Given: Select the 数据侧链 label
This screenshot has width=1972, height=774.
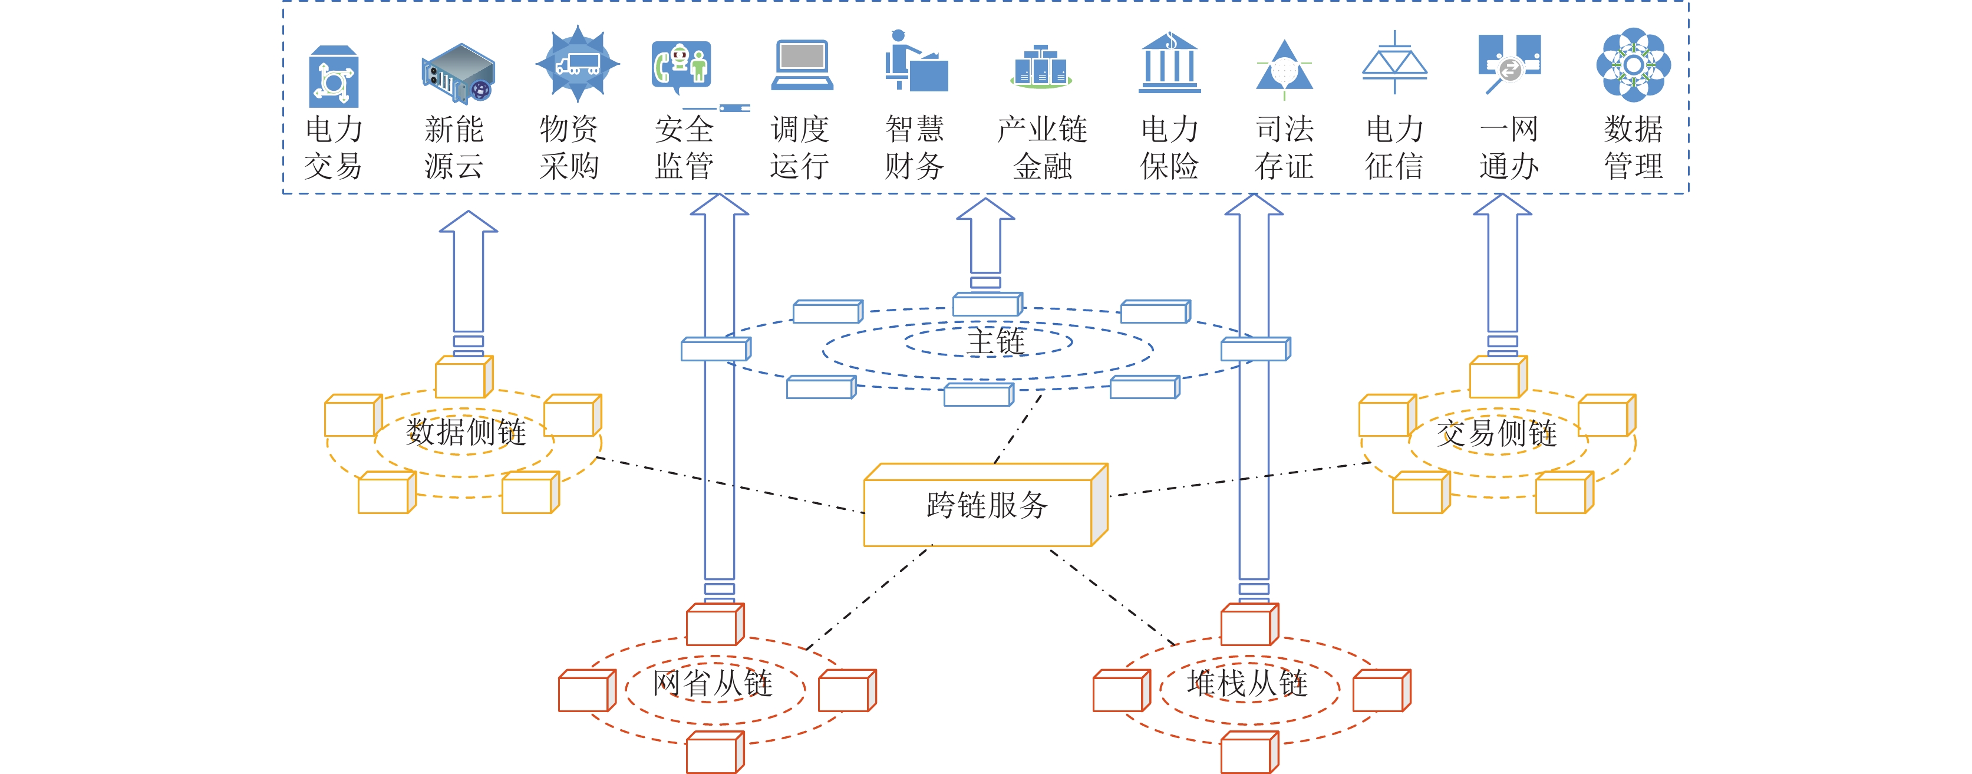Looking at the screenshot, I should (466, 432).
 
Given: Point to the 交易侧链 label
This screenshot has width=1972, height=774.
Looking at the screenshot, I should (1496, 433).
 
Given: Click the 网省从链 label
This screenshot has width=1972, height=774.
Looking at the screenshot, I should (712, 682).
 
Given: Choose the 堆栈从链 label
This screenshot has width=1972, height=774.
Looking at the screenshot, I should (1247, 682).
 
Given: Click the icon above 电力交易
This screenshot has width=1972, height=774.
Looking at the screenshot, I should (333, 77).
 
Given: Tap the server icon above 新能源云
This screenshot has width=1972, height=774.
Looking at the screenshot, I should (458, 73).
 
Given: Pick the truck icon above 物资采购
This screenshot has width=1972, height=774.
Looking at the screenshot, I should (577, 64).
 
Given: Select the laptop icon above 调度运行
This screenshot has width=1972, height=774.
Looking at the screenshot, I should (801, 65).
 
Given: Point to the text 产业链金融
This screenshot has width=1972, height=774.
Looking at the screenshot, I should (1042, 147).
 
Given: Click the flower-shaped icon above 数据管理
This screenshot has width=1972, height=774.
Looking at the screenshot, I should (1633, 65).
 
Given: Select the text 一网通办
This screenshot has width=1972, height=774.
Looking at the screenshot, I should (1508, 147).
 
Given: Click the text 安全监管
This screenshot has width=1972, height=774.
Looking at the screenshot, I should (684, 147).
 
